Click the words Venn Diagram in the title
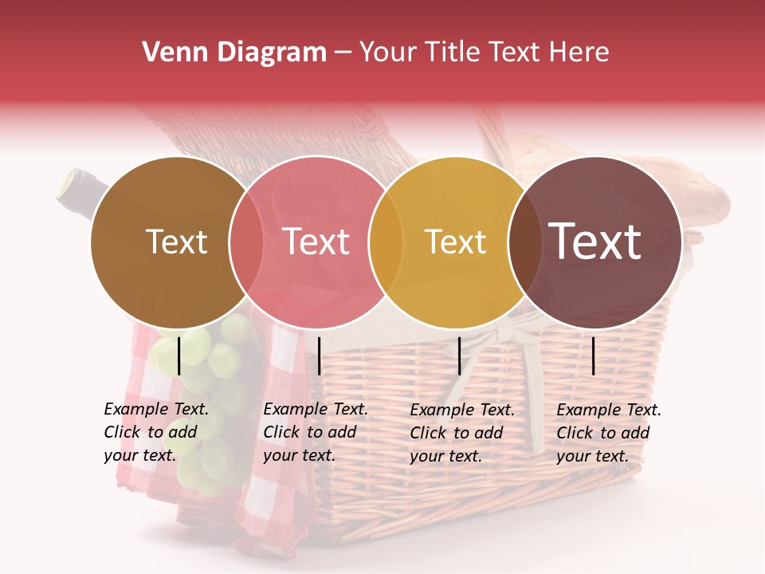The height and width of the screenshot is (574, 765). (234, 53)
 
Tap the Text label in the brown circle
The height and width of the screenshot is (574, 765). (176, 242)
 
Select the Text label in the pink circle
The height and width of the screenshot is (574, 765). (316, 242)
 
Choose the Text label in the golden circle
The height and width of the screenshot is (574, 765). (455, 242)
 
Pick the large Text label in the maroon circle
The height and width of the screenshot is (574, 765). (594, 241)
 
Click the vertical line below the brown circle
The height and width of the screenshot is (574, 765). (178, 356)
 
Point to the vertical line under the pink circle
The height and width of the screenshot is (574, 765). (319, 356)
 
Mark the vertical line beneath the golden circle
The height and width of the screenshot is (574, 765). (459, 356)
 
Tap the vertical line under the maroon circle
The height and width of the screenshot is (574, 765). (594, 356)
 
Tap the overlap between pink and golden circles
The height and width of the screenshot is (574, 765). (385, 242)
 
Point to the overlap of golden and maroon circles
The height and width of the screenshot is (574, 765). (524, 242)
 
